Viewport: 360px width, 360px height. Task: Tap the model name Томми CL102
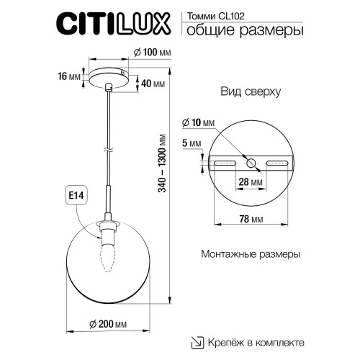point(212,13)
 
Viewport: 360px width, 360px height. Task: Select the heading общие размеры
point(244,30)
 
